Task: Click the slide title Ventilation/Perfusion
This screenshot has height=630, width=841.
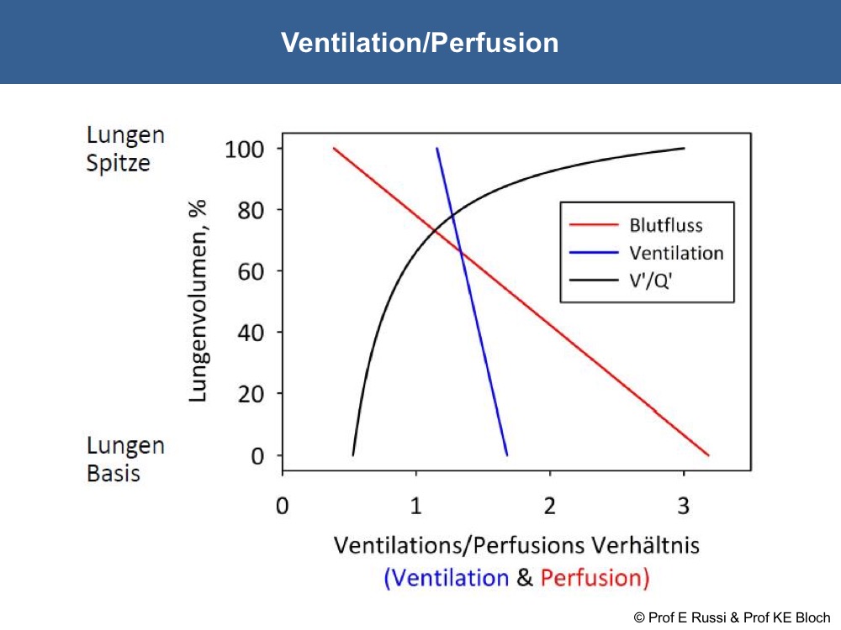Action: [x=420, y=42]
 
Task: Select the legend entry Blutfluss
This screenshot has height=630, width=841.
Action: [x=665, y=225]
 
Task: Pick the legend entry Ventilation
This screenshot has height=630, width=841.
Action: [x=676, y=253]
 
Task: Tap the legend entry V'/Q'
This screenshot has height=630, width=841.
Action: [x=650, y=281]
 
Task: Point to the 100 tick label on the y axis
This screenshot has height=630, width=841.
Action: [x=245, y=150]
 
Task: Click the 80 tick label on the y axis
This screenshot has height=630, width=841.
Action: [x=251, y=211]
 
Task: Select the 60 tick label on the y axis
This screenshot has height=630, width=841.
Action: [x=251, y=272]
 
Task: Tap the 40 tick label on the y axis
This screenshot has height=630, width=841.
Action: [x=251, y=333]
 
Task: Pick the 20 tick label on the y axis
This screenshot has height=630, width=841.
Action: [x=251, y=394]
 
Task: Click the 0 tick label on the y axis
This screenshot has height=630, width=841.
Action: [x=257, y=456]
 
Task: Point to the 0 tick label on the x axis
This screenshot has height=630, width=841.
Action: [x=282, y=506]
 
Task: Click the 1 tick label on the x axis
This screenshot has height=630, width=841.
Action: [x=415, y=506]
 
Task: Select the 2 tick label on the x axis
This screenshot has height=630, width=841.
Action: [x=549, y=506]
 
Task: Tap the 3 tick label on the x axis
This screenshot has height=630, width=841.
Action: [x=683, y=506]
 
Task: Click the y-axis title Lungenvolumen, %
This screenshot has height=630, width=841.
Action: [x=198, y=301]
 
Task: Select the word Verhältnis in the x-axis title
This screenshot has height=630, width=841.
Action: [x=645, y=545]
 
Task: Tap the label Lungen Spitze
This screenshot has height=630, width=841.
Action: [x=125, y=149]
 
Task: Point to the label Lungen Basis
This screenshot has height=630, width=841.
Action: [x=125, y=459]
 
